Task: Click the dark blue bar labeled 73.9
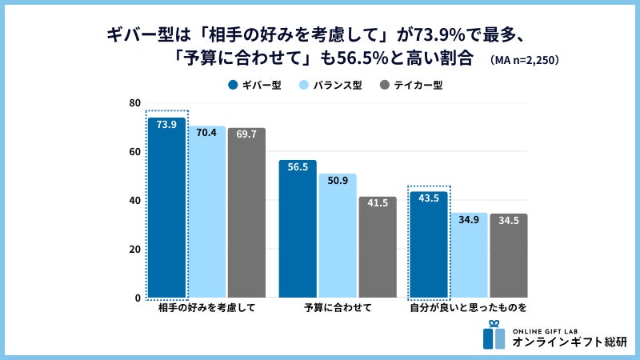[166, 208]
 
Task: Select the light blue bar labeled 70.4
[206, 212]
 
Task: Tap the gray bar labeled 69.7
[246, 213]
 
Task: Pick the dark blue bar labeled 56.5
[298, 229]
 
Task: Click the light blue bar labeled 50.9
[338, 236]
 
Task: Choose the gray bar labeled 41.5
[378, 247]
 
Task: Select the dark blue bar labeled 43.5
[429, 245]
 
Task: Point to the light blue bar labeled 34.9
[469, 255]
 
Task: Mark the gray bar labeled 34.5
[509, 256]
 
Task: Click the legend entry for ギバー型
[254, 85]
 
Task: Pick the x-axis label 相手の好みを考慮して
[206, 308]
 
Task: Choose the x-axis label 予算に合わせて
[338, 308]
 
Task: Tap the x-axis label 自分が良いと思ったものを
[469, 308]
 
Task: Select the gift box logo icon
[494, 335]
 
